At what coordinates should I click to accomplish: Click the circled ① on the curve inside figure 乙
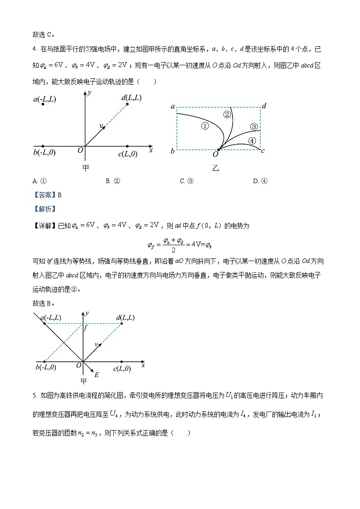point(205,126)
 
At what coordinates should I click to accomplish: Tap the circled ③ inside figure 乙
point(254,126)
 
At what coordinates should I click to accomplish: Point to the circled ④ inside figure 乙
point(252,141)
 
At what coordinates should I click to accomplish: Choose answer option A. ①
point(40,181)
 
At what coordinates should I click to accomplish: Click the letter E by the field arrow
point(96,375)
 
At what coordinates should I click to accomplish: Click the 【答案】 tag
point(44,195)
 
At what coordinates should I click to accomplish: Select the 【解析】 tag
point(44,209)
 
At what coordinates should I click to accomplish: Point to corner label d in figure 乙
point(264,106)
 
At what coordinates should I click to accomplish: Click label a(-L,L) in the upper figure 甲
point(44,99)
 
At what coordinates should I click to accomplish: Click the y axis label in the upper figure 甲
point(90,93)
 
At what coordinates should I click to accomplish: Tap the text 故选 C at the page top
point(44,34)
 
